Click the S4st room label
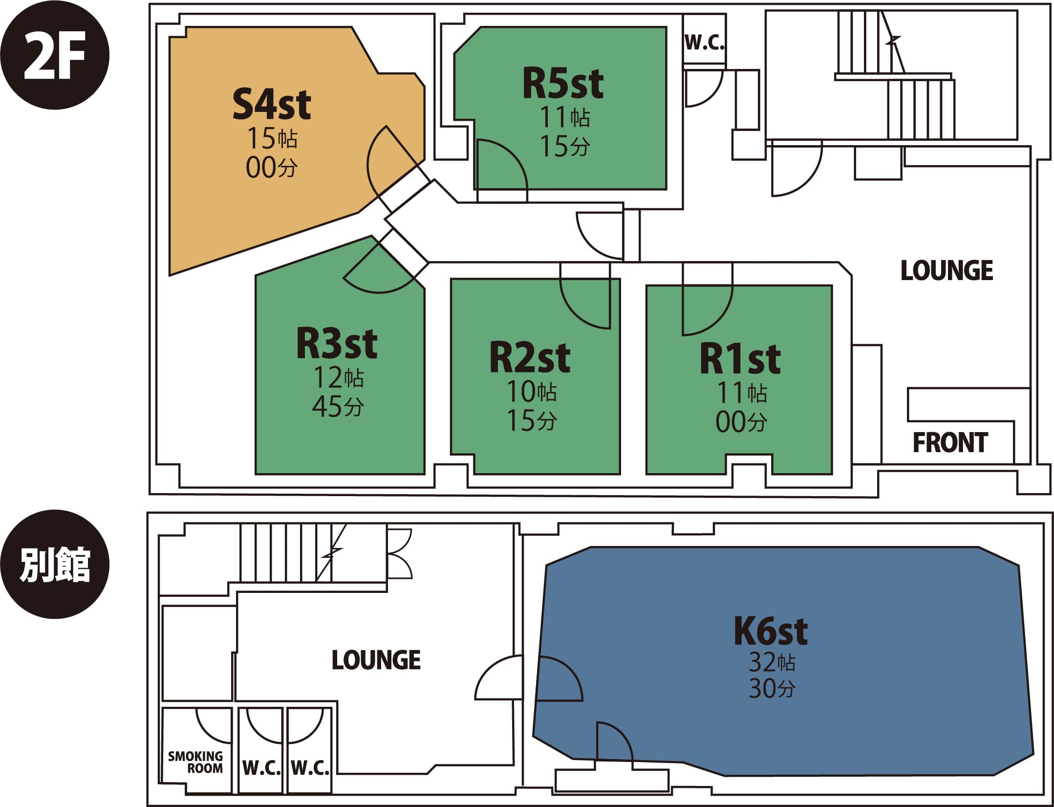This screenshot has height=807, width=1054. tap(271, 105)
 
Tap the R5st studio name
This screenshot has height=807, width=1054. tap(563, 84)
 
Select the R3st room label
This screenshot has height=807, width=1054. tap(337, 344)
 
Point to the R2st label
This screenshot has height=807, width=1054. tap(530, 358)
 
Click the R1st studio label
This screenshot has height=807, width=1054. tap(740, 360)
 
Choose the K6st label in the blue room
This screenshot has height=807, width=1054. tap(771, 632)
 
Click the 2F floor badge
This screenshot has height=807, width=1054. tap(54, 55)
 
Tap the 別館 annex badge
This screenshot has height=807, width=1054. tap(54, 565)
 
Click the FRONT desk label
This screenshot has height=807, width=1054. tap(950, 443)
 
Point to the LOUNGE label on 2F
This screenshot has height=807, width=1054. tap(946, 271)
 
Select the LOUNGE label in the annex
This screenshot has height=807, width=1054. tap(376, 660)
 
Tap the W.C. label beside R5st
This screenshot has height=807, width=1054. tap(704, 44)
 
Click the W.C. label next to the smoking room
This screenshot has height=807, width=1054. tap(261, 768)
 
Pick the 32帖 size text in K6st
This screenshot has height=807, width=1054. tap(772, 663)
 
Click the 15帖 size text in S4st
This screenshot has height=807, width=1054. tap(272, 138)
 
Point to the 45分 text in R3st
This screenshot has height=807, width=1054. tap(338, 406)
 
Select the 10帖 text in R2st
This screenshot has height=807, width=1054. tap(531, 392)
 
